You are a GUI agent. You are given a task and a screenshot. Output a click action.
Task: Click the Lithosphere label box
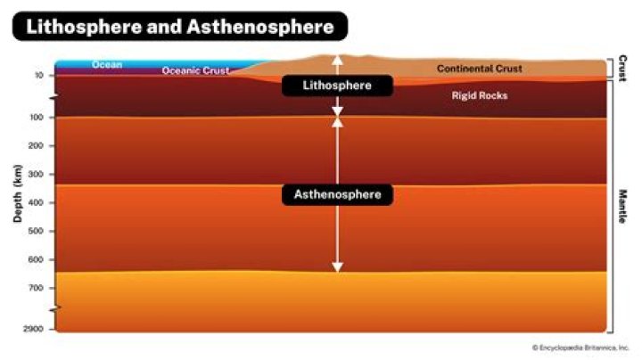pos(337,86)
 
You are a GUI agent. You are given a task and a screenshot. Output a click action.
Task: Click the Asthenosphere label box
pos(337,194)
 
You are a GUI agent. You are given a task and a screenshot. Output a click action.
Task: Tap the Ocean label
pos(107,65)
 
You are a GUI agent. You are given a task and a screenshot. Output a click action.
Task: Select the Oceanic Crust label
pos(195,70)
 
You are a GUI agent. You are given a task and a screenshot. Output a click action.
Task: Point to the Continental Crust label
pos(480,69)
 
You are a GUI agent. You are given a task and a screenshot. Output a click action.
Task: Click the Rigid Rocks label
pos(480,95)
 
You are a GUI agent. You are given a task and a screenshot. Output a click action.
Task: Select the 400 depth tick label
pos(35,202)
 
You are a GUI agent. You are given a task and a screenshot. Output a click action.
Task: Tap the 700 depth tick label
pos(35,288)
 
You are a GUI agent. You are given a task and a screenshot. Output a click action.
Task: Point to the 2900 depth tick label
pos(33,329)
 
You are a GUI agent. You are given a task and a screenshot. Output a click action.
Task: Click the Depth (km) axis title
pos(17,193)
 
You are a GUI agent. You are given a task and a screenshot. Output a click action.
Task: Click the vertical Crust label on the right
pos(622,68)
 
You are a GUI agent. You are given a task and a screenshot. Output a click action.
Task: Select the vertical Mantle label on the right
pos(622,206)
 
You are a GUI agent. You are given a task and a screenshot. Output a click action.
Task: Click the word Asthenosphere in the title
pos(260,27)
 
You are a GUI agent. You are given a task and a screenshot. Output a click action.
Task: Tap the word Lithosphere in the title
pos(84,27)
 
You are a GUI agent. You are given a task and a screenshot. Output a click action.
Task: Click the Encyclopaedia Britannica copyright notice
pos(580,348)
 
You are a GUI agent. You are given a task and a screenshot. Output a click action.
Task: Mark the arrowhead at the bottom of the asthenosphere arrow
pos(337,267)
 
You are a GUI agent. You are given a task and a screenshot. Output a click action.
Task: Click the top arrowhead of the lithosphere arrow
pos(337,60)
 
